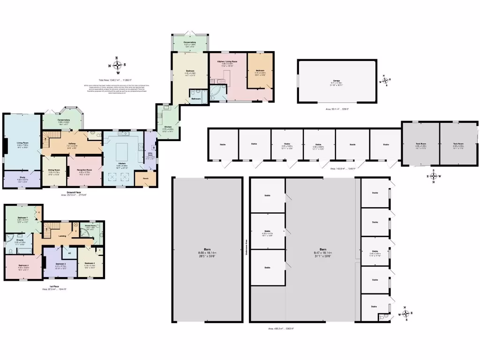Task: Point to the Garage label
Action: tap(336, 81)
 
